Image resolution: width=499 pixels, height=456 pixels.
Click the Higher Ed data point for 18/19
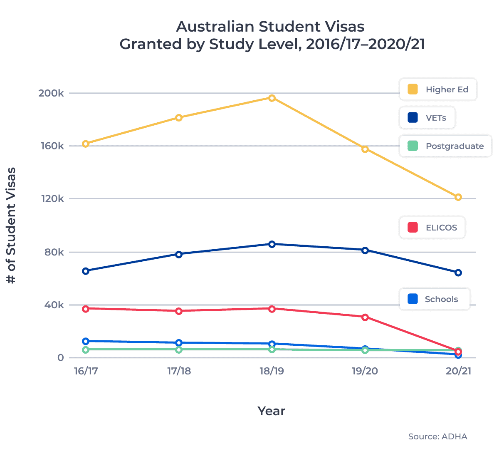272,98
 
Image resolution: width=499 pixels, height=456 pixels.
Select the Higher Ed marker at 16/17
86,144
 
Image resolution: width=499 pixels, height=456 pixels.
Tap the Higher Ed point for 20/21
458,197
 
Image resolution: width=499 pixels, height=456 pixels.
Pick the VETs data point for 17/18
179,254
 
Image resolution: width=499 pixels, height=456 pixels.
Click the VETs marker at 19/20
365,250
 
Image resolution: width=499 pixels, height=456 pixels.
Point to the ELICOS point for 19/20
365,317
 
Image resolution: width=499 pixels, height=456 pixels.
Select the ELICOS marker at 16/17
86,309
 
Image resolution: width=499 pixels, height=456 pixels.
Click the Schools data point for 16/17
86,341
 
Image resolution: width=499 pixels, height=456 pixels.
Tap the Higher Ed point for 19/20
365,149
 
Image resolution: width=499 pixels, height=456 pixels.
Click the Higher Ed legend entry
438,89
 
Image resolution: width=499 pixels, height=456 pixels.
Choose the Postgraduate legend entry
445,146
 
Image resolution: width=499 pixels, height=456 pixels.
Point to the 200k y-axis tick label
51,93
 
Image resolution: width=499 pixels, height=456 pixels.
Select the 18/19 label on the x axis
272,371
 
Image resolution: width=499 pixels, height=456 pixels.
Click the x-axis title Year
271,411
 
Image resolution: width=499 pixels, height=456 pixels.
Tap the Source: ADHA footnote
437,436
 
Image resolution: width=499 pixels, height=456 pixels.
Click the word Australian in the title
215,27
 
